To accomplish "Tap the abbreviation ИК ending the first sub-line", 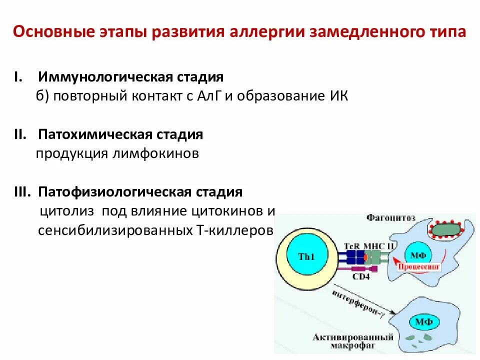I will click(x=337, y=96).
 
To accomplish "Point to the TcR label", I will click(x=352, y=246).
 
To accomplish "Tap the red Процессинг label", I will click(x=419, y=267).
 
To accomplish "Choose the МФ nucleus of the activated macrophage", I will click(x=420, y=321).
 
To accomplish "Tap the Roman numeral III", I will click(x=23, y=192).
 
